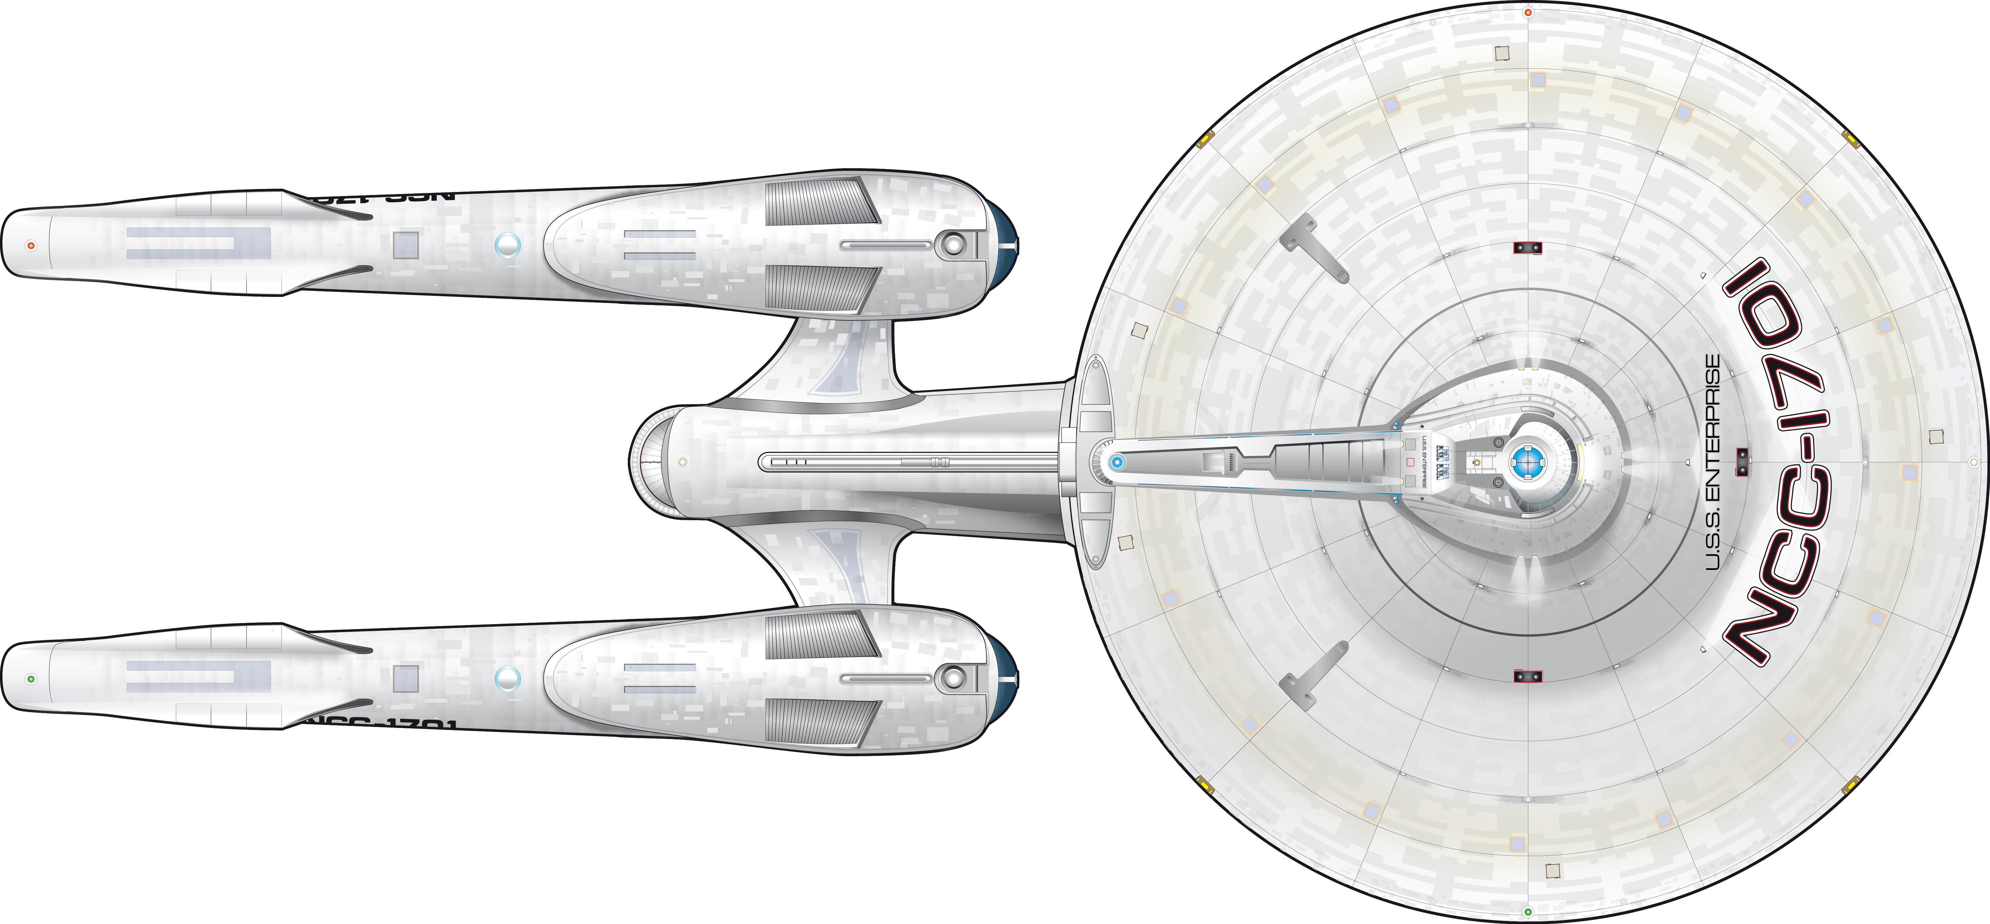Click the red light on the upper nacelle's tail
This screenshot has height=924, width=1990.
31,246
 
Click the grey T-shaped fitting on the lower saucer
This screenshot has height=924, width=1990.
1313,676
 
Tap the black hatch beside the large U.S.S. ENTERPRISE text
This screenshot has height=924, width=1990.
1742,462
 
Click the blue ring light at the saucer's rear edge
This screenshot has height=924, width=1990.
1116,462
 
